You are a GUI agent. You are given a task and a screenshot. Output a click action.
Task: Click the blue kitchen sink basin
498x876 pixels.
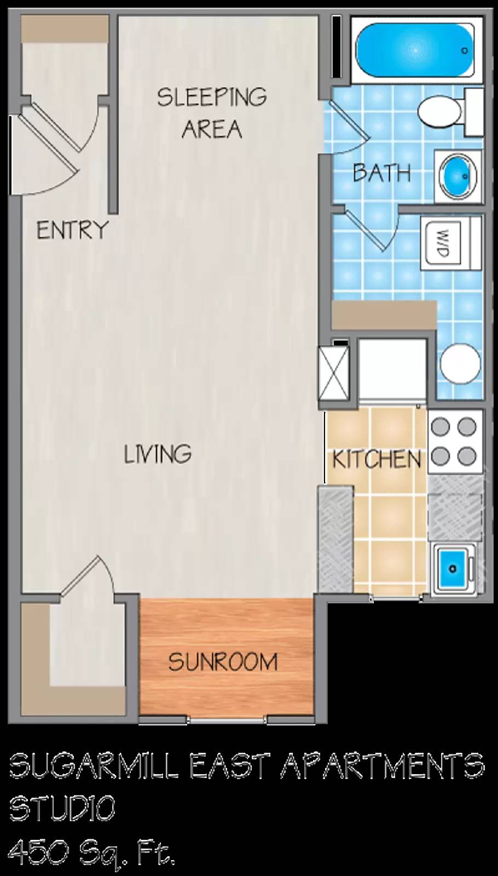point(453,568)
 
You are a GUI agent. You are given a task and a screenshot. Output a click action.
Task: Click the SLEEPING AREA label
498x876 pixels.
point(212,113)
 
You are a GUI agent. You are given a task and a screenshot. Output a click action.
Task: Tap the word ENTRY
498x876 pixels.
point(72,230)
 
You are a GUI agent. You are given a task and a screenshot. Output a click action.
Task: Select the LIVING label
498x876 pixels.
point(158,454)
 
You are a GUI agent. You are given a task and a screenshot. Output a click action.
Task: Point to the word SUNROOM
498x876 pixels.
point(223,662)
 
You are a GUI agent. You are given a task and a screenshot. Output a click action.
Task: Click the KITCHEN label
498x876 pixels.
point(377,459)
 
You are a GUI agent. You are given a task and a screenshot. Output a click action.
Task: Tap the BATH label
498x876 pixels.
point(381,173)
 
